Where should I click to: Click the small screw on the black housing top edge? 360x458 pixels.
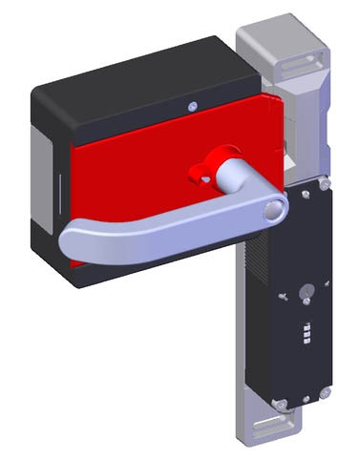coord(193,106)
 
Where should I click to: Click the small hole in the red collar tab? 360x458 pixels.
coord(201,174)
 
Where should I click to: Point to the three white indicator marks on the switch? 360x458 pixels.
coord(305,336)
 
